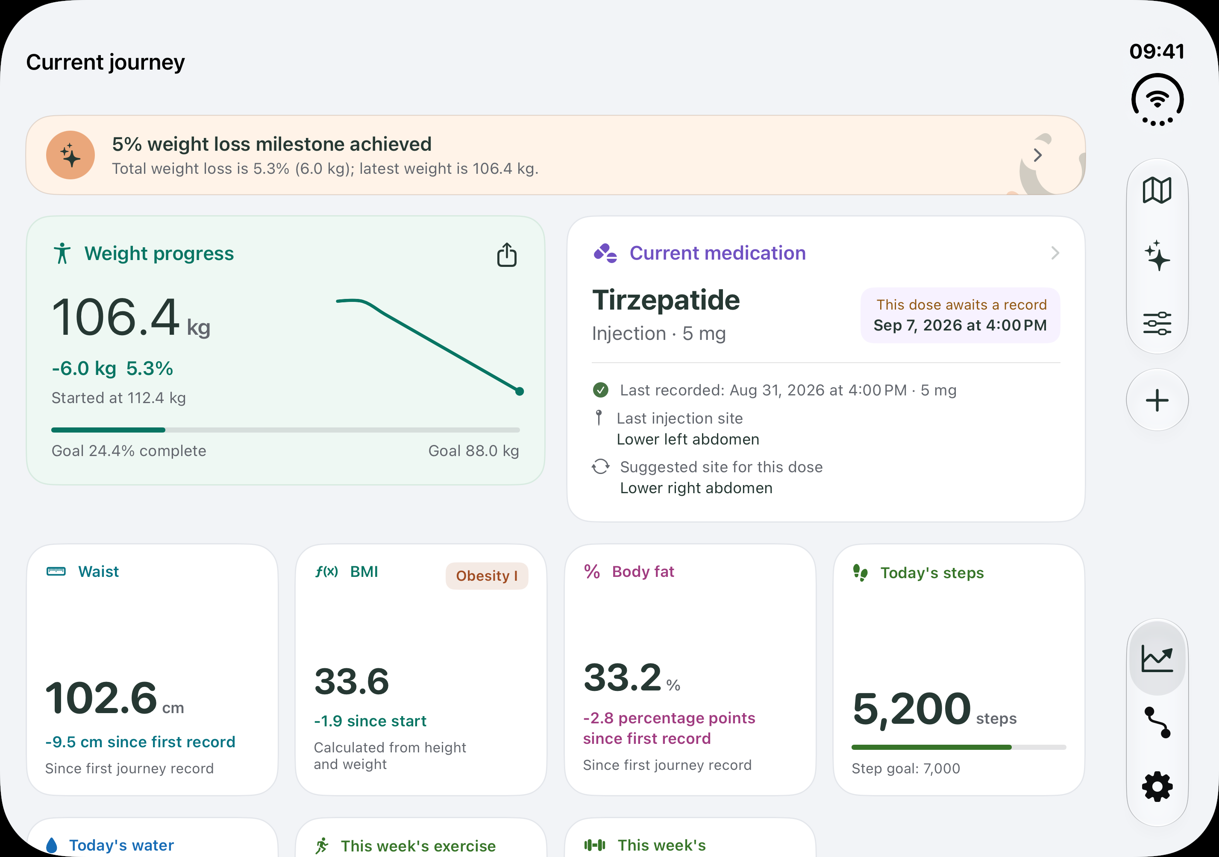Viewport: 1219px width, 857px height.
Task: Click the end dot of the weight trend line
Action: point(520,392)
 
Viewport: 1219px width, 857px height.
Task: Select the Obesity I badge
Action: point(486,576)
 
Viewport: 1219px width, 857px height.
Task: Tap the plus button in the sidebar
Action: point(1157,400)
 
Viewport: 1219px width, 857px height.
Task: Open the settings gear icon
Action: point(1157,787)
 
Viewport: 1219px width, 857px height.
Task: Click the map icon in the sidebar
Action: point(1157,190)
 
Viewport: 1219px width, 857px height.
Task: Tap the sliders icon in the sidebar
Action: point(1157,323)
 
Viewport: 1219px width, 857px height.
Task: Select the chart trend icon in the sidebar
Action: point(1157,659)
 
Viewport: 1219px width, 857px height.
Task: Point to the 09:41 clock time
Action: point(1157,52)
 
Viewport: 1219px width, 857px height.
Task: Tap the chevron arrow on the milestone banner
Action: point(1038,155)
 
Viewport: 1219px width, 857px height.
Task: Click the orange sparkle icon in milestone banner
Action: point(70,155)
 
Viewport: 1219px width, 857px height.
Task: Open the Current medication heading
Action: point(717,253)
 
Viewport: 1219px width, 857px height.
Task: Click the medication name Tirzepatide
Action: point(666,300)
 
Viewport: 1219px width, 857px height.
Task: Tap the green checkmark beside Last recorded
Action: point(600,390)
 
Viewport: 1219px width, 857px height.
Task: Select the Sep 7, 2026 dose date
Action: point(960,325)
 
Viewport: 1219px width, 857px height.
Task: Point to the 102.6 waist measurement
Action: point(101,697)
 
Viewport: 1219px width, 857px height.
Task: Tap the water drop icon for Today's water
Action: point(52,845)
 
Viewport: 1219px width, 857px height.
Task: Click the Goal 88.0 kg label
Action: point(473,450)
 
